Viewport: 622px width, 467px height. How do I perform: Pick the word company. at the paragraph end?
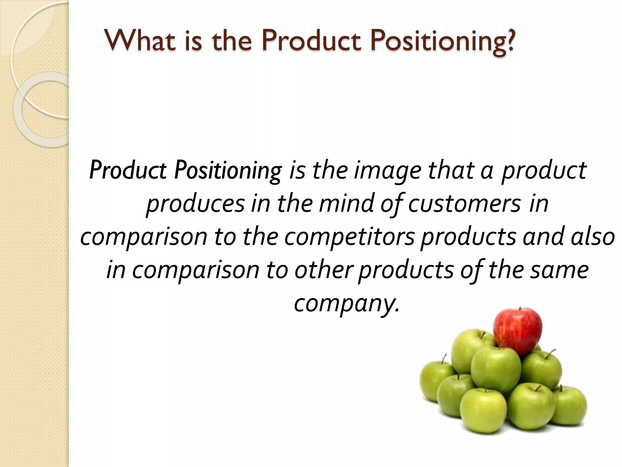click(x=346, y=304)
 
